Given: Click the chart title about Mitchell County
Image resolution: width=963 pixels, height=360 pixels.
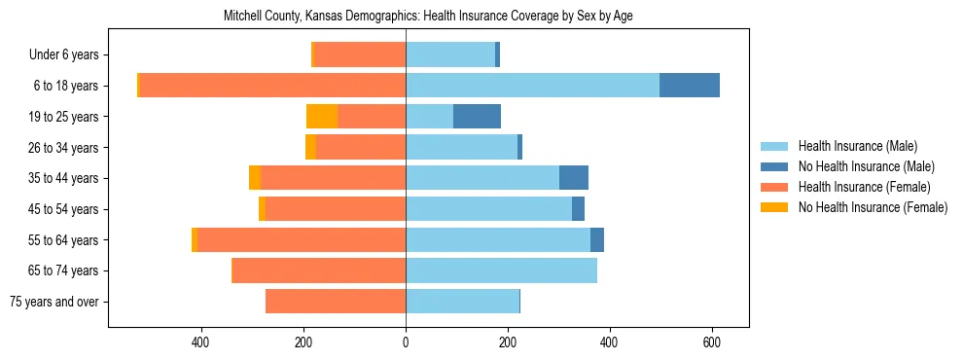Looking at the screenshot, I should [428, 17].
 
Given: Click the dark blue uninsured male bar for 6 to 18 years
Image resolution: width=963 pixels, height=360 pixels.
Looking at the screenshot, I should [690, 86].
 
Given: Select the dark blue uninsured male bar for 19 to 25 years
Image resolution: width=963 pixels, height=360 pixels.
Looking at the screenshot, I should [477, 117].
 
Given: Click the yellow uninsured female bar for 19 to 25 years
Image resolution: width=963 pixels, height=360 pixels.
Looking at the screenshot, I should [322, 117].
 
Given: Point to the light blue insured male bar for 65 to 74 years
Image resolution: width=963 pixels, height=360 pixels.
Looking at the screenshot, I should [501, 270].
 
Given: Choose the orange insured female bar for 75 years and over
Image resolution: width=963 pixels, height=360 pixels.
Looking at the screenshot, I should [336, 302].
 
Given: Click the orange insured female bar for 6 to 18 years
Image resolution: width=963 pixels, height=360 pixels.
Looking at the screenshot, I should [272, 86].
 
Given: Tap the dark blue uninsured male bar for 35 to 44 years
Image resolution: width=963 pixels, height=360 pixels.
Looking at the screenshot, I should [574, 178].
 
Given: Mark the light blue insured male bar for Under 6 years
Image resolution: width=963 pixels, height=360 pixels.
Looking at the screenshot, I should [450, 54].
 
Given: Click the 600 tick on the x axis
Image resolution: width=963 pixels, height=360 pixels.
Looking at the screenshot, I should [711, 342].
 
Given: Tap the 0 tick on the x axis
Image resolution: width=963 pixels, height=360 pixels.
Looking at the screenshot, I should [406, 342].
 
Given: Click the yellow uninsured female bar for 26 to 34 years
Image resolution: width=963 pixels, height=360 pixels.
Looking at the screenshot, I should [310, 147].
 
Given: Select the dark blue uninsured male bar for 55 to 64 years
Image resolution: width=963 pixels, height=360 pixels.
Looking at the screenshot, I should [597, 239].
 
